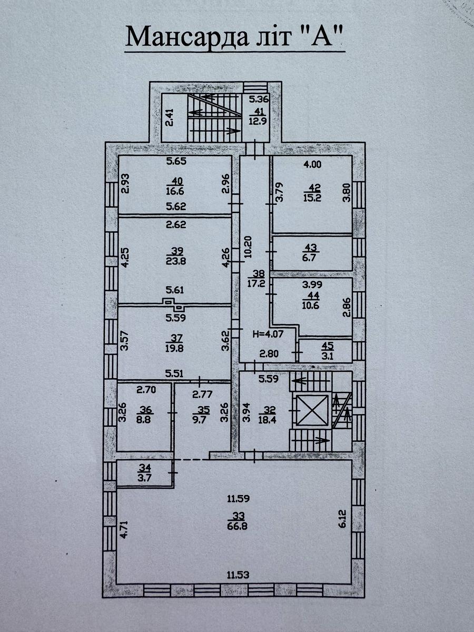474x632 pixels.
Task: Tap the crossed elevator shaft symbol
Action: coord(312,410)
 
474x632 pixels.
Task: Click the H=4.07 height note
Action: coord(268,334)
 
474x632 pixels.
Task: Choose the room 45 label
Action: coord(329,345)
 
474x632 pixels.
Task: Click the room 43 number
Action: coord(312,247)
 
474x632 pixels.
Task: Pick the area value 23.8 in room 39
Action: coord(176,261)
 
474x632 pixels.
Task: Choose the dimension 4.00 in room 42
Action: coord(312,165)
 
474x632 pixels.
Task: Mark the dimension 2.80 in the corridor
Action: coord(269,353)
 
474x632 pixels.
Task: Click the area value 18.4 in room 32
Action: coord(267,420)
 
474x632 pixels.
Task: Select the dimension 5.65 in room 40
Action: coord(176,161)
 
